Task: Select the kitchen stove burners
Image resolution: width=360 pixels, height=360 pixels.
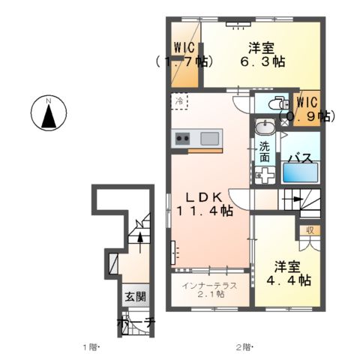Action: tap(183, 138)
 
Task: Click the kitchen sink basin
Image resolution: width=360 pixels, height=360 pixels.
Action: tap(210, 138)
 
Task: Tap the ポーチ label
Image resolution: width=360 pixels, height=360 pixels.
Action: tap(136, 323)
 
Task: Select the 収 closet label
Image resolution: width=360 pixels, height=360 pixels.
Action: tap(310, 231)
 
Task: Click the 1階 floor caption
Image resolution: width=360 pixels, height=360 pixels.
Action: tap(91, 347)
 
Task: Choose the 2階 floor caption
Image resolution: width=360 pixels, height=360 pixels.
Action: tap(244, 347)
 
